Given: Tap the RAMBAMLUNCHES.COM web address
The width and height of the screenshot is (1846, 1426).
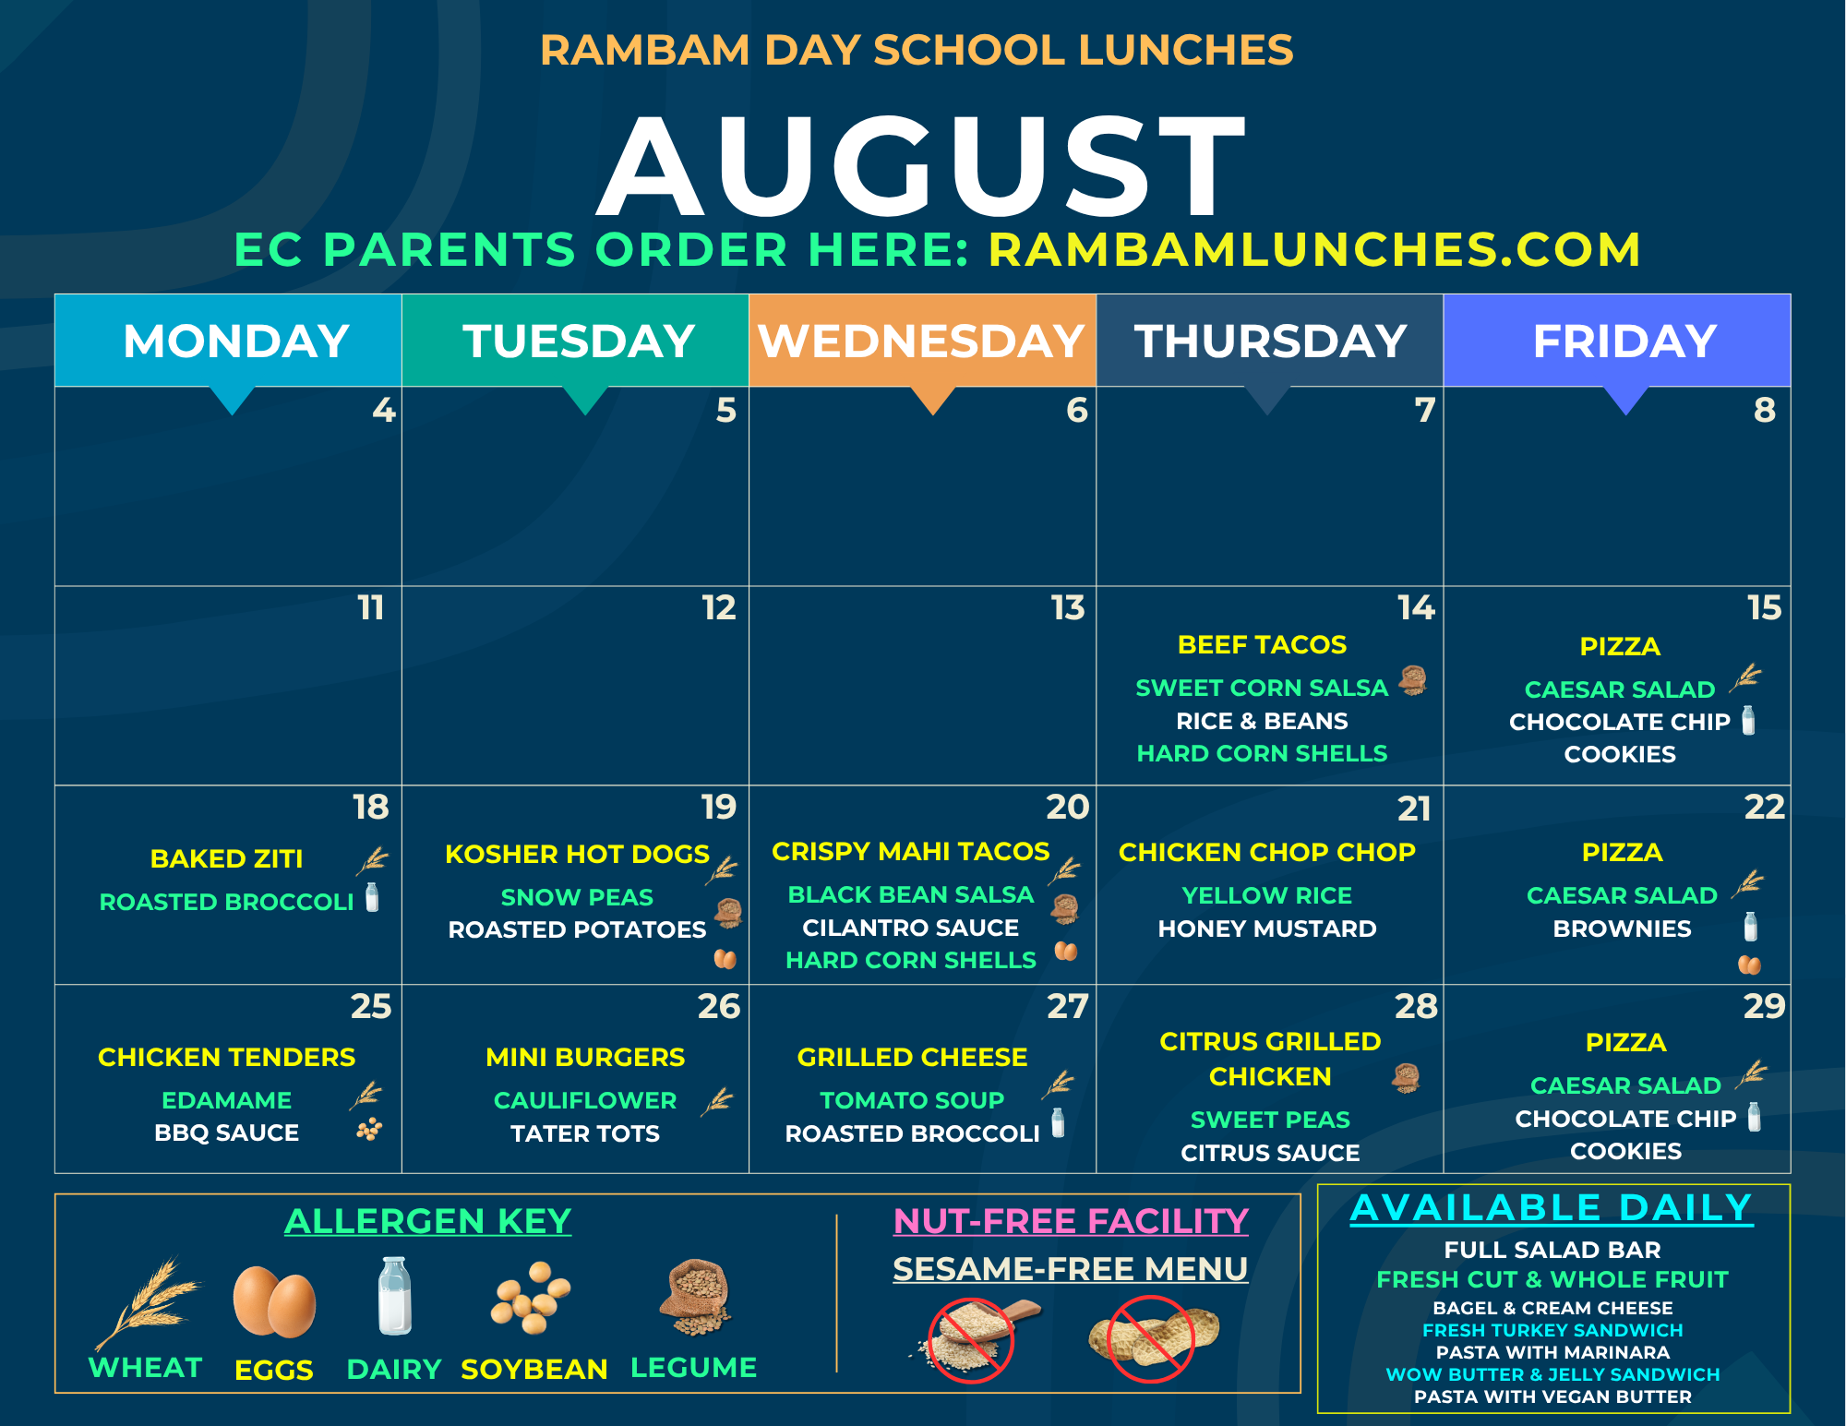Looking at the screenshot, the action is click(1314, 249).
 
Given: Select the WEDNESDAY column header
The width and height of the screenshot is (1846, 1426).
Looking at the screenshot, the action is click(922, 341).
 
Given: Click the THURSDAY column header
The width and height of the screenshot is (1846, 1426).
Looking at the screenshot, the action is click(1270, 341).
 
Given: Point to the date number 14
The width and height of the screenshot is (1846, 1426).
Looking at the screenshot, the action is click(1416, 607).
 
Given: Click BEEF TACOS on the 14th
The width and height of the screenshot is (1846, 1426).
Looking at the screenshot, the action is click(1262, 644).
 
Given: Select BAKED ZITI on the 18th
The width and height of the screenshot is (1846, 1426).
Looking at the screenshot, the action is click(226, 858).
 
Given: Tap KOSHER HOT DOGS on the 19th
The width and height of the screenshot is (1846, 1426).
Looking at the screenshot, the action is click(577, 854).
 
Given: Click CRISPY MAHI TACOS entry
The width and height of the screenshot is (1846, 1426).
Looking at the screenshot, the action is click(910, 851).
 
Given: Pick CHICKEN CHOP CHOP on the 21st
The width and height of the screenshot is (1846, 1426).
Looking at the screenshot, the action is click(1266, 852).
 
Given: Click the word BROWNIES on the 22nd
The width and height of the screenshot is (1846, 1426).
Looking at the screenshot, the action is click(1622, 929).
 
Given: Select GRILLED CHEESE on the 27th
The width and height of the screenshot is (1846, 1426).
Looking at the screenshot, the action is click(912, 1057).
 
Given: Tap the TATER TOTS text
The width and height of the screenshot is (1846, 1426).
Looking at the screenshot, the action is click(585, 1133).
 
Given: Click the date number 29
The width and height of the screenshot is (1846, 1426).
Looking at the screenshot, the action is click(1764, 1006).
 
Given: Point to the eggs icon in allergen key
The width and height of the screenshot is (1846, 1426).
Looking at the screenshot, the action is click(274, 1300).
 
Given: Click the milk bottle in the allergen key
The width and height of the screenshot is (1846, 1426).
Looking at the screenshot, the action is click(395, 1296).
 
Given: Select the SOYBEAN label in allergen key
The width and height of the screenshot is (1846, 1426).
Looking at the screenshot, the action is click(534, 1369).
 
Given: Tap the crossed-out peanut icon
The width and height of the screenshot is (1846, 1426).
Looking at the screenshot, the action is click(1153, 1338).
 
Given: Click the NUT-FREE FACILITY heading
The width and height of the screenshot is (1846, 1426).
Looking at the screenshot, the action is click(1071, 1221).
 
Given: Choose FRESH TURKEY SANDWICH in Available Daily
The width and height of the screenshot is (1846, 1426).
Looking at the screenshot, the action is click(1552, 1330).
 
